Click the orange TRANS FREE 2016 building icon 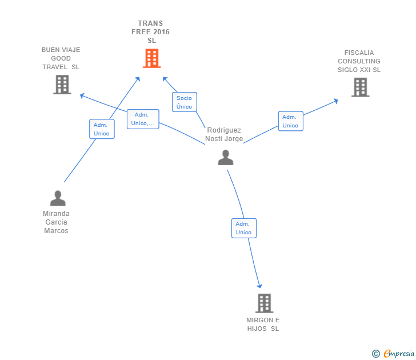[x=151, y=58]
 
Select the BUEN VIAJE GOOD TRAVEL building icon [x=62, y=85]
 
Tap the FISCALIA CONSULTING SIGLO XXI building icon [x=360, y=87]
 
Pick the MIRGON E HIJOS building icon [x=263, y=303]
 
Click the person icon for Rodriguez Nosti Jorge [x=226, y=157]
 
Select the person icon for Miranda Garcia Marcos [x=58, y=198]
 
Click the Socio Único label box [x=184, y=102]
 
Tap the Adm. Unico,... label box [x=143, y=119]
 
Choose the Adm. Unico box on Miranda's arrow [x=102, y=129]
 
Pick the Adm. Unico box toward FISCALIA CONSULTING [x=290, y=121]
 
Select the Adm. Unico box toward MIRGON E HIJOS [x=243, y=228]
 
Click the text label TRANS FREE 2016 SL [x=151, y=32]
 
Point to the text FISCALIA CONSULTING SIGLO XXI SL [x=359, y=61]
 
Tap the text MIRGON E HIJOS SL [x=263, y=324]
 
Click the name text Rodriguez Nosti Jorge [x=224, y=134]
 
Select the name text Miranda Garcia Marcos [x=56, y=222]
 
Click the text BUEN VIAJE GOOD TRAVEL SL [x=61, y=58]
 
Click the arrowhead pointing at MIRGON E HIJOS [x=260, y=285]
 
